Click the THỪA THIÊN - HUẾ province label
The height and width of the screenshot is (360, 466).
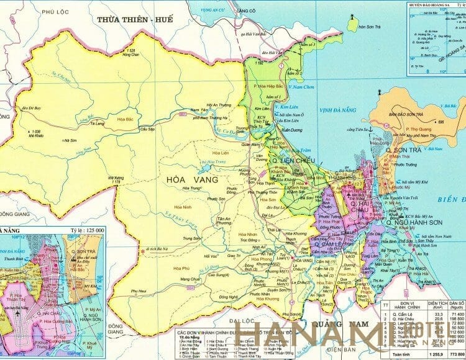click(134, 20)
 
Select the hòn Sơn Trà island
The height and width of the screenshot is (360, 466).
click(354, 25)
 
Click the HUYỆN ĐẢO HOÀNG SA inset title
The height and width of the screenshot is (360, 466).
click(436, 4)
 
